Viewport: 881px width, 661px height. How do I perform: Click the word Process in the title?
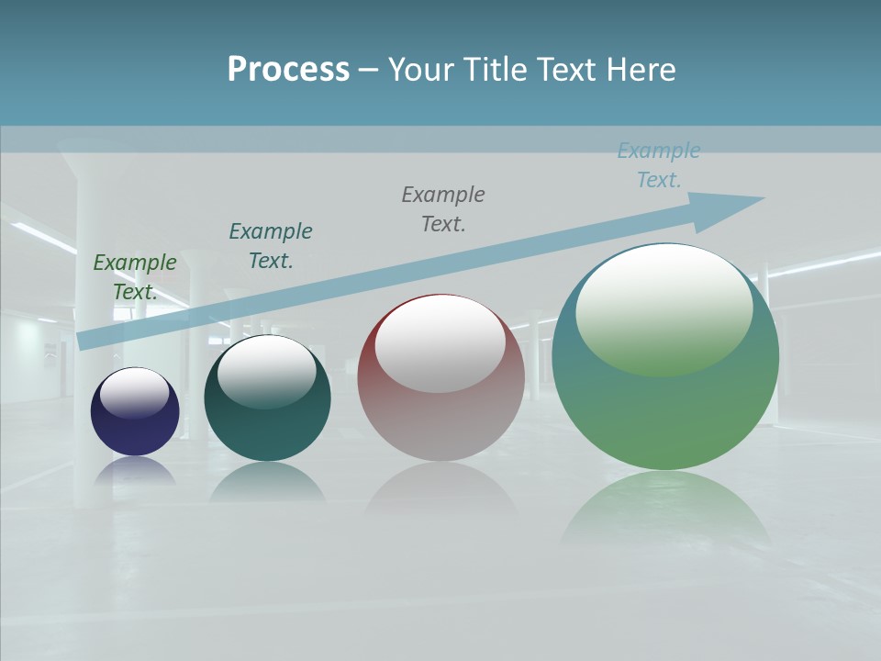288,70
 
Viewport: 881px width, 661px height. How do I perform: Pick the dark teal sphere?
267,422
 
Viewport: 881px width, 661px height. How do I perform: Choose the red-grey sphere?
440,422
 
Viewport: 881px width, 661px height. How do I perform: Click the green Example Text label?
135,277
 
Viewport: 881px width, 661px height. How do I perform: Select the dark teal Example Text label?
271,246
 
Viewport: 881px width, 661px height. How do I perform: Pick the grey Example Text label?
443,208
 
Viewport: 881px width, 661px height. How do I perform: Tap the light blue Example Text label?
659,165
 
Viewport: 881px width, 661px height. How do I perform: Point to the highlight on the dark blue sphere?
134,391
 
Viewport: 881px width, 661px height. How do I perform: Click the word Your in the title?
424,70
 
